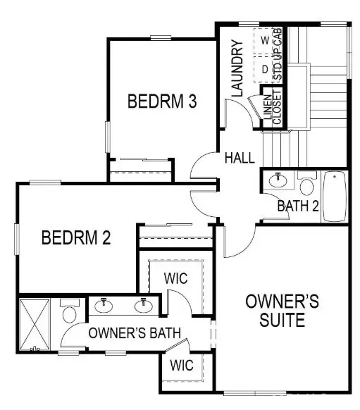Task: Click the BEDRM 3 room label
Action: pyautogui.click(x=161, y=101)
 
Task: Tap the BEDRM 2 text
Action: pyautogui.click(x=76, y=237)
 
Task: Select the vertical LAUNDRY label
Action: pyautogui.click(x=237, y=68)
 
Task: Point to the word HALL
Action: pyautogui.click(x=240, y=159)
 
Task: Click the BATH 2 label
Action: pyautogui.click(x=297, y=206)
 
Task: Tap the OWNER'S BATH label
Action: pyautogui.click(x=135, y=333)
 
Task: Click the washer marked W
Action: pyautogui.click(x=264, y=41)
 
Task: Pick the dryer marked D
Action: pyautogui.click(x=264, y=69)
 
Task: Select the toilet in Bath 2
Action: pyautogui.click(x=306, y=185)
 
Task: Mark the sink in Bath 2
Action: pyautogui.click(x=279, y=181)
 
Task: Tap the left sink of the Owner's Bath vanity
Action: pyautogui.click(x=105, y=304)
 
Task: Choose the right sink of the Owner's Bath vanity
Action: pyautogui.click(x=144, y=304)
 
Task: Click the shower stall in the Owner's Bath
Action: pyautogui.click(x=33, y=323)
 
